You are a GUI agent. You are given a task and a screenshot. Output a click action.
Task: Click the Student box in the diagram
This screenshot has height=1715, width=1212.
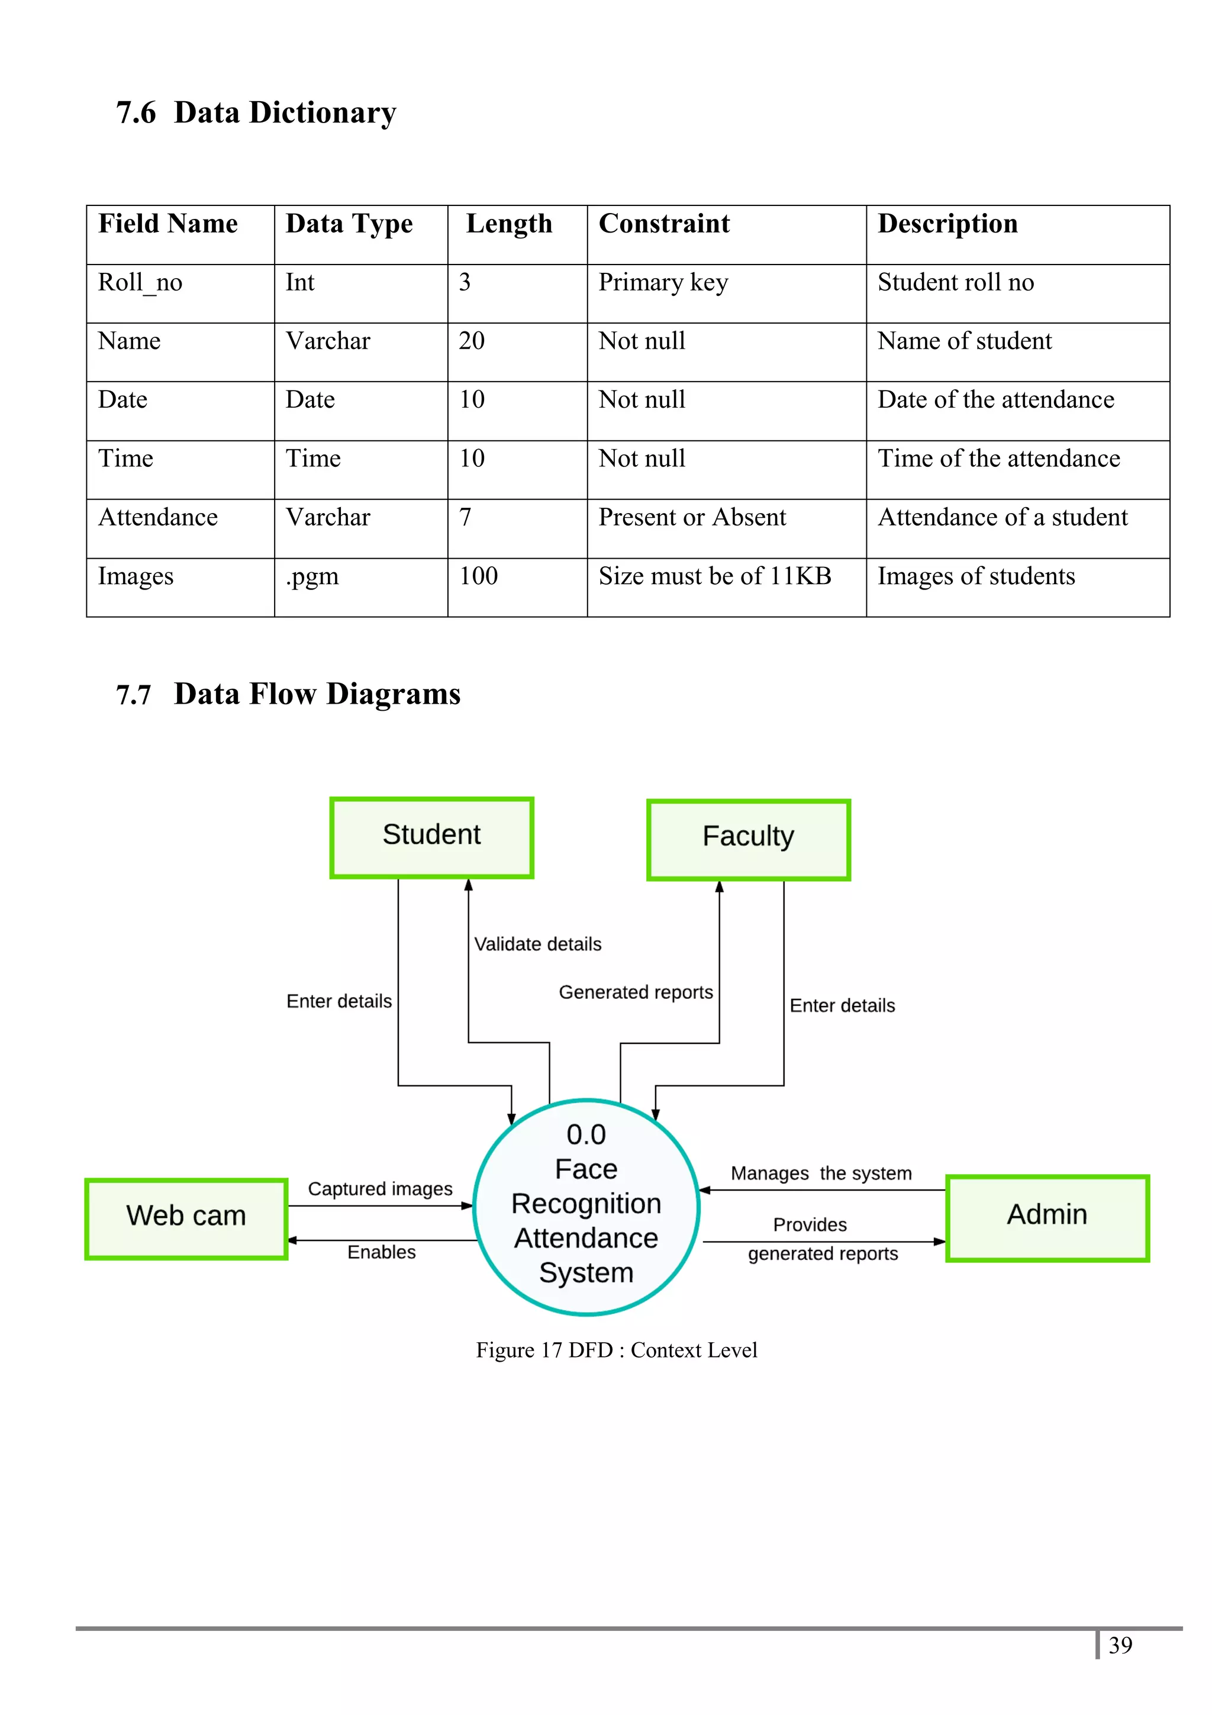pos(431,837)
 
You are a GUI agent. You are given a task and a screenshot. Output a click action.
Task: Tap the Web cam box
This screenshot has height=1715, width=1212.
pos(186,1218)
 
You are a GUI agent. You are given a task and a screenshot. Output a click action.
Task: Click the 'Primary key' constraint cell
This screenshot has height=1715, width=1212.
pos(663,283)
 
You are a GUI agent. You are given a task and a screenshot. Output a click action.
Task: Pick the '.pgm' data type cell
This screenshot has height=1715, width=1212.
pos(312,576)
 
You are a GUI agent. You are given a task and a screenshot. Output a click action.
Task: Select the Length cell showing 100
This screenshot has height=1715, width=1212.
pos(479,576)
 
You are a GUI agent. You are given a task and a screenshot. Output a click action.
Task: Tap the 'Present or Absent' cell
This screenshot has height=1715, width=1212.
pos(692,518)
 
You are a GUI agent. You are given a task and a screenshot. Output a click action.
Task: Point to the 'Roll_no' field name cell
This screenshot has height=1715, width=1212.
pos(140,283)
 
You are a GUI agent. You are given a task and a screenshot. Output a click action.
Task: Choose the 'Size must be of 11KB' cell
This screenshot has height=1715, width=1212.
pos(715,576)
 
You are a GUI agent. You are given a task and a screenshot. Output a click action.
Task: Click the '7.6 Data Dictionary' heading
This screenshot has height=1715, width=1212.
pos(256,113)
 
